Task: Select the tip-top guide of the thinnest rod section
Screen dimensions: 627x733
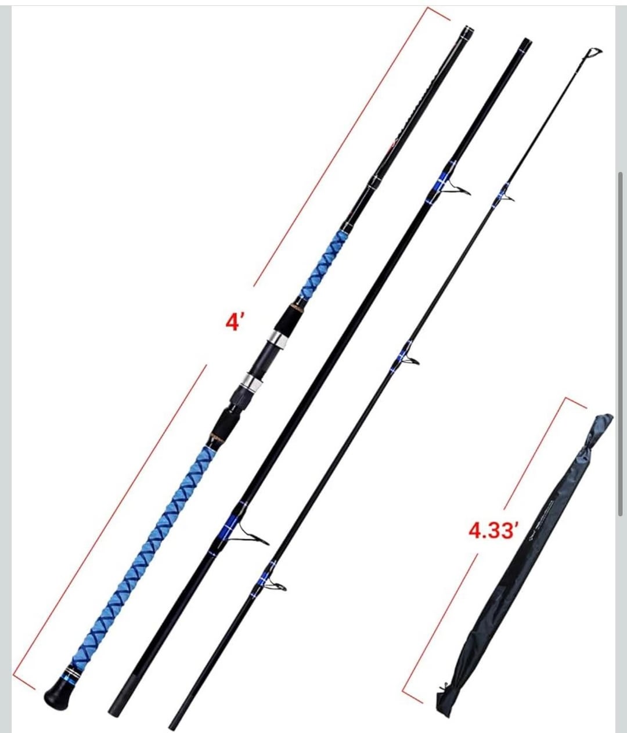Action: [x=595, y=53]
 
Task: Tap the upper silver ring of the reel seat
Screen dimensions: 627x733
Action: [x=277, y=340]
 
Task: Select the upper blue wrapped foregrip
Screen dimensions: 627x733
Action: [x=323, y=264]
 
